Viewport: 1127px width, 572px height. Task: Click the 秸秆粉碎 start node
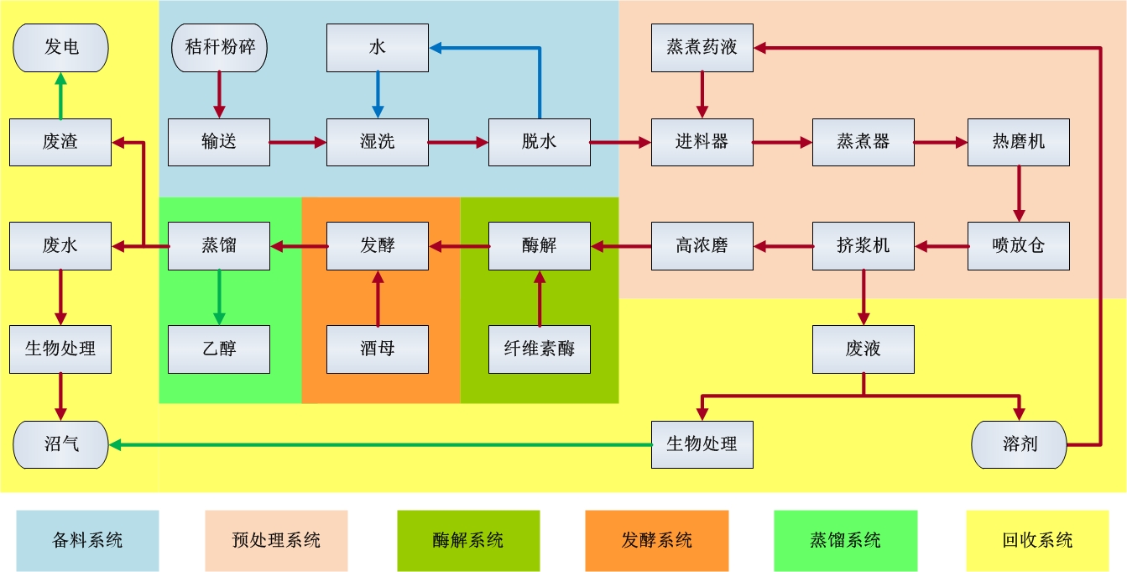point(219,47)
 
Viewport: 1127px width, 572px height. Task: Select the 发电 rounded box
point(60,47)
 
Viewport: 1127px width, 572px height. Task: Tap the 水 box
point(377,47)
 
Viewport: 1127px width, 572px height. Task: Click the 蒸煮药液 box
point(702,47)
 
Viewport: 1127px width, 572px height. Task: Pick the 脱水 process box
point(539,142)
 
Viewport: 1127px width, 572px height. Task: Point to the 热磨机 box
point(1018,142)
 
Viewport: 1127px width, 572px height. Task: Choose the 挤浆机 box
point(864,246)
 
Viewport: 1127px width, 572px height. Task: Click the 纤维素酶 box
point(539,349)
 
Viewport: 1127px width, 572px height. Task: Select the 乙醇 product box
point(219,349)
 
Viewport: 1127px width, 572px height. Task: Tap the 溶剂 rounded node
point(1019,444)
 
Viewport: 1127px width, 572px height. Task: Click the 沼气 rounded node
point(60,444)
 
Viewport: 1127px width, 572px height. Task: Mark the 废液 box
point(864,349)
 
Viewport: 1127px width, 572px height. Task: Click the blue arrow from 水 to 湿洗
point(377,94)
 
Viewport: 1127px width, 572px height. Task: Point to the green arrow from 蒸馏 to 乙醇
point(219,296)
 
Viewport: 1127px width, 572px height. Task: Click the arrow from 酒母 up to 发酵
point(377,298)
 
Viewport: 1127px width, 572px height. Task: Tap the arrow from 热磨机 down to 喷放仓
point(1018,193)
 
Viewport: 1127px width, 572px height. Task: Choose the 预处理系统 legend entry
point(276,540)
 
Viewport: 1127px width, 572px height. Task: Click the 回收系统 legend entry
point(1037,540)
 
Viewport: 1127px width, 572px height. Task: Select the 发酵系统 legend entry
point(657,540)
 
